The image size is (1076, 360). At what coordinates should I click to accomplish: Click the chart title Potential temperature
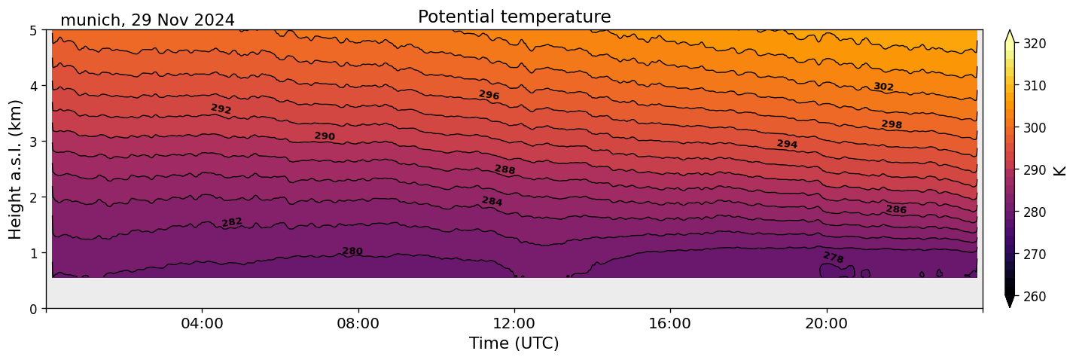(x=514, y=17)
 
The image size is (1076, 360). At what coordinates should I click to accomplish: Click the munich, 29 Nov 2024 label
(x=148, y=20)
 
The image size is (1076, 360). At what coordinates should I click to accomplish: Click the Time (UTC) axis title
(x=514, y=343)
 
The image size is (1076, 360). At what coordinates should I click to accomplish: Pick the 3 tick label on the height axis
(x=34, y=142)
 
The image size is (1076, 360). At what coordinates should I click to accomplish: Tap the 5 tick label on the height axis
(x=34, y=30)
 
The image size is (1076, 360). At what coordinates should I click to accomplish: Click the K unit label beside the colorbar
(x=1060, y=170)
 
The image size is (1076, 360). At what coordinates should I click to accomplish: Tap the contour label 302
(x=883, y=87)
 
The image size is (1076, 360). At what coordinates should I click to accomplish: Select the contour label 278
(x=834, y=258)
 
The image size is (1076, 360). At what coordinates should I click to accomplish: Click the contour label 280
(x=352, y=252)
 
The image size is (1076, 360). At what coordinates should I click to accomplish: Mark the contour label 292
(x=221, y=109)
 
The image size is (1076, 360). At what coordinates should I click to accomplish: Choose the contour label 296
(x=489, y=95)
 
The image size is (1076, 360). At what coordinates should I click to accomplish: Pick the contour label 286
(x=896, y=209)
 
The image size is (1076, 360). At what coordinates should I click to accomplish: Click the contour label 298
(x=892, y=124)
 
